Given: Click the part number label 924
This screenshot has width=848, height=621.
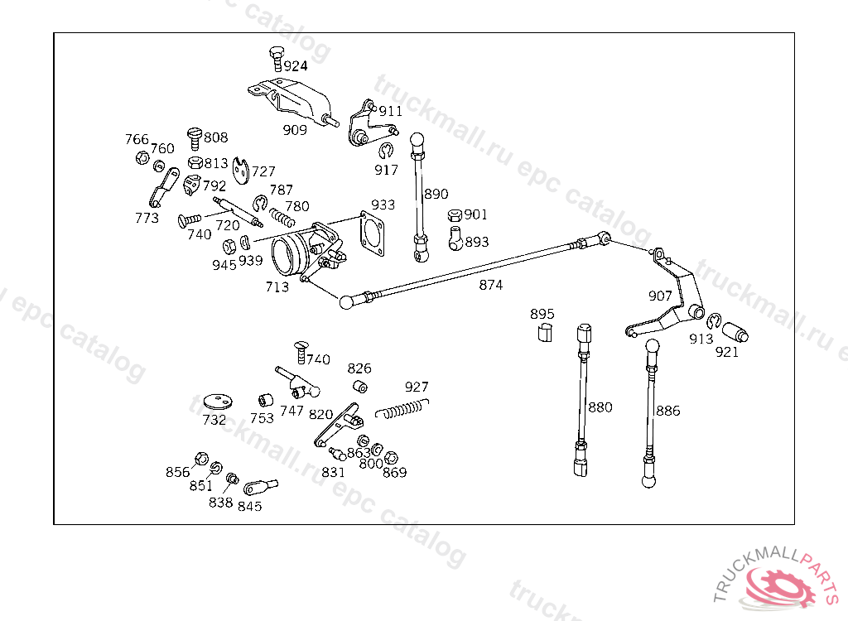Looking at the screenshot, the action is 296,66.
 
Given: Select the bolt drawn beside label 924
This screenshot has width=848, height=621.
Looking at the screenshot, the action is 277,59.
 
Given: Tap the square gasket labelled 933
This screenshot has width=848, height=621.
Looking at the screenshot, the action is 372,233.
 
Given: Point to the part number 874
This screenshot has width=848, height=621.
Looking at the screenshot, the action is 490,285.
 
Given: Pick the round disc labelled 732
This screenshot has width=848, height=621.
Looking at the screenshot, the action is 219,402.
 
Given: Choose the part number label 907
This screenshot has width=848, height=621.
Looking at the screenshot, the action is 660,296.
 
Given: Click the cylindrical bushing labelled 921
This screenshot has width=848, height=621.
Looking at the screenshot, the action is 735,332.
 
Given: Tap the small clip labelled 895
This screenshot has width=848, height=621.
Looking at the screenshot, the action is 545,332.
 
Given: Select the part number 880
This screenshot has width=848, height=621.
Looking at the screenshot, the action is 600,407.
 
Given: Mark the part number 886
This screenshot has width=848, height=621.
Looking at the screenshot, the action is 668,411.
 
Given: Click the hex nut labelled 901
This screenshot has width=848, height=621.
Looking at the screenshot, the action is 455,214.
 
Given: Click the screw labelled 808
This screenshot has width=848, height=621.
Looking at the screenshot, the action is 195,138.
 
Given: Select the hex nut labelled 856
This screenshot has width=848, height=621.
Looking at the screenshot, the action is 201,459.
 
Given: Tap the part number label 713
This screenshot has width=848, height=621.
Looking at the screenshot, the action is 277,286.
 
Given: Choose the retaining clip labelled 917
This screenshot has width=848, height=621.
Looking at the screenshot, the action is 386,150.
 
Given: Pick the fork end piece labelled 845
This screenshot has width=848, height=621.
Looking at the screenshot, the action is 260,487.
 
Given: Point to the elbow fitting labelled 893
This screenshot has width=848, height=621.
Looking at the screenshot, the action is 455,238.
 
